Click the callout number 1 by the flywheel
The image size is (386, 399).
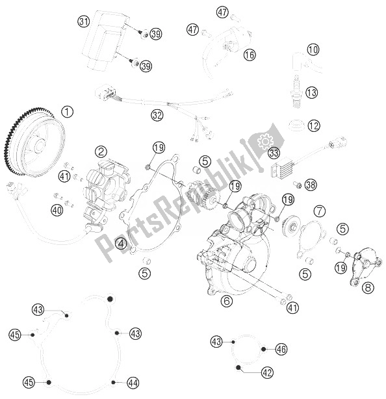68,112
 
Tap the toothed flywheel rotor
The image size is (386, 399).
34,142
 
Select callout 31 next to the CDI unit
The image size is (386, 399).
84,21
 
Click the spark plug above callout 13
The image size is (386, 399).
296,93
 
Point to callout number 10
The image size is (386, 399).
313,49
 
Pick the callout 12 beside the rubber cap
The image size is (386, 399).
313,125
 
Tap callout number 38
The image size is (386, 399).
311,185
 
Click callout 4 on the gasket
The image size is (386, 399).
121,244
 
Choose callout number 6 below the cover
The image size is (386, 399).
226,301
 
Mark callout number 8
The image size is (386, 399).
368,287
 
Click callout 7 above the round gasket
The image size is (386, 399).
320,211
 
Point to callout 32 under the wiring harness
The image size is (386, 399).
157,115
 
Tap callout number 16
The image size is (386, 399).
250,55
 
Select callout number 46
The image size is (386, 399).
281,349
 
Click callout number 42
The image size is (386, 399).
267,372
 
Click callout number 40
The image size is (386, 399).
57,210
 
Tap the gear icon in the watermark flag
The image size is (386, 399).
265,141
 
